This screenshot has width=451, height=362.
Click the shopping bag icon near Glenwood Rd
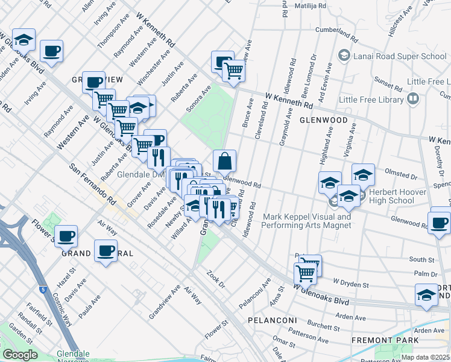pyautogui.click(x=224, y=162)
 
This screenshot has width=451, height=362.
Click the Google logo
pyautogui.click(x=19, y=355)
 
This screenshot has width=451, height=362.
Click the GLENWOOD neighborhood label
pyautogui.click(x=324, y=120)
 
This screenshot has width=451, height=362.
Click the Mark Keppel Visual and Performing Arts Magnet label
pyautogui.click(x=306, y=221)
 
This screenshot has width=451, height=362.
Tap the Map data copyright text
pyautogui.click(x=425, y=357)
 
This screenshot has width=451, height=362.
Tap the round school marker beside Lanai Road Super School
pyautogui.click(x=344, y=56)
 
